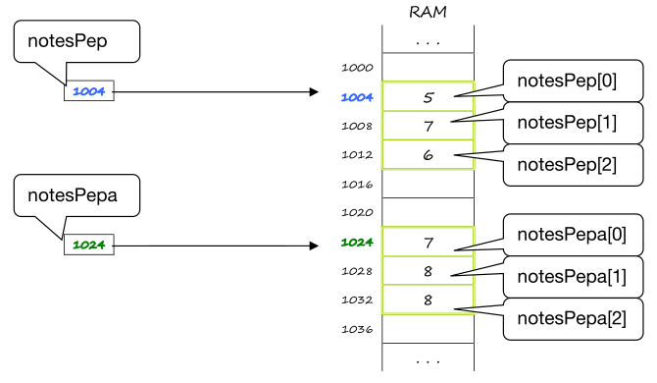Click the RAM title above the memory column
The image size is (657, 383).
[x=428, y=12]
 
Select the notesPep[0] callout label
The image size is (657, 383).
[x=567, y=82]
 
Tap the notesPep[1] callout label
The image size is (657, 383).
[x=567, y=123]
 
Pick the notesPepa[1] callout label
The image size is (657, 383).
[x=571, y=276]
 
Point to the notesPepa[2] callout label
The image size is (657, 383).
[x=571, y=317]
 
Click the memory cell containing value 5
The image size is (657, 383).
[x=428, y=96]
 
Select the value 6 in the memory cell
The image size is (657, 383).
[x=428, y=154]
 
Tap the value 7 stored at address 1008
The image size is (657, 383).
[x=428, y=126]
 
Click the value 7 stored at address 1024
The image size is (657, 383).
[x=428, y=241]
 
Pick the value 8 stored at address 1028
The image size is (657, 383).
[x=428, y=270]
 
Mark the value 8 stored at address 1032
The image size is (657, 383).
[x=428, y=299]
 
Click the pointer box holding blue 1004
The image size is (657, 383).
[x=89, y=91]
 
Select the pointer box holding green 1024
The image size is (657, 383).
[x=89, y=245]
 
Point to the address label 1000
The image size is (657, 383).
[x=357, y=68]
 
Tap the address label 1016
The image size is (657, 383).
[x=357, y=183]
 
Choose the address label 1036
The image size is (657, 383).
[x=357, y=328]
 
